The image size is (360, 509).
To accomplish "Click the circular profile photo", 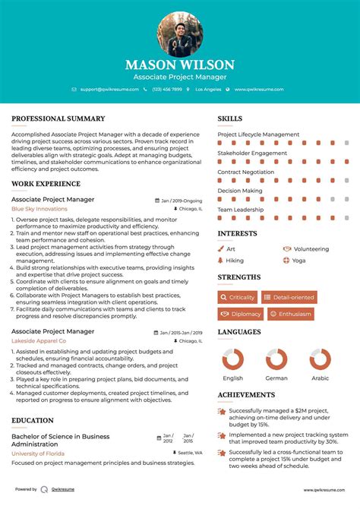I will point(180,34).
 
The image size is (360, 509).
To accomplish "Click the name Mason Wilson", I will point(180,65).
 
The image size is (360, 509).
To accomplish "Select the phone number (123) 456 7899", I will point(167,89).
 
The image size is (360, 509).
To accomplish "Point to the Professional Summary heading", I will point(58,119).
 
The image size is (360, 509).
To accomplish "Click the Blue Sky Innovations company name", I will point(39,209).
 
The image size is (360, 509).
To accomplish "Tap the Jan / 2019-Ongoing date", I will point(182,201).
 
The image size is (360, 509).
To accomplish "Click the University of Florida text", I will point(38,453).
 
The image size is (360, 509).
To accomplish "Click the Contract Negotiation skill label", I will point(245,172).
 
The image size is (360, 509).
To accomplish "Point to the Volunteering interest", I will point(310,249).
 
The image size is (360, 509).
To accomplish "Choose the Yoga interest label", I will point(298,261).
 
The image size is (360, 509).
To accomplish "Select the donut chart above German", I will point(276,360).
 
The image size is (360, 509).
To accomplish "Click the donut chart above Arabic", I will point(320,360).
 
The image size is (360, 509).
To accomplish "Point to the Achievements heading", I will point(246,395).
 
